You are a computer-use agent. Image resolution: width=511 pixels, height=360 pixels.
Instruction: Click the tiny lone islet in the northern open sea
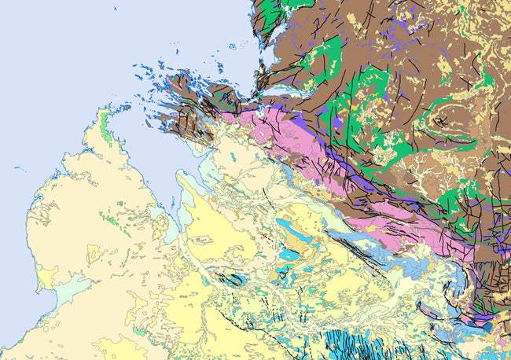[233, 46]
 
